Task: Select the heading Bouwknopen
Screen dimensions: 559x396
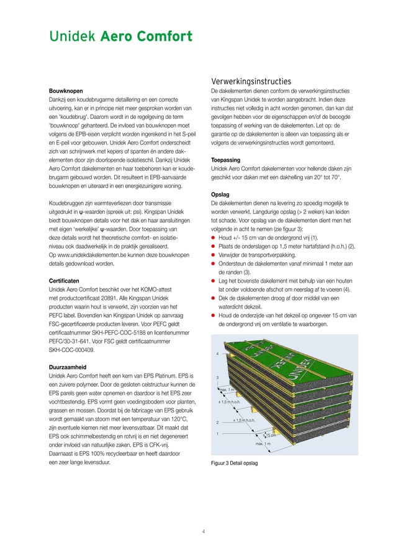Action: pyautogui.click(x=65, y=90)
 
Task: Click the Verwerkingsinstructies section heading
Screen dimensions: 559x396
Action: pyautogui.click(x=251, y=81)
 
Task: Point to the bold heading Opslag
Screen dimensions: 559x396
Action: pyautogui.click(x=222, y=195)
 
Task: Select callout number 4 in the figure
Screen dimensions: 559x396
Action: pyautogui.click(x=217, y=354)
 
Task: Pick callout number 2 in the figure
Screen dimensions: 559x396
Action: pyautogui.click(x=217, y=423)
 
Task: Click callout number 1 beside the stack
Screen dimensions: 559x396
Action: pyautogui.click(x=217, y=433)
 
